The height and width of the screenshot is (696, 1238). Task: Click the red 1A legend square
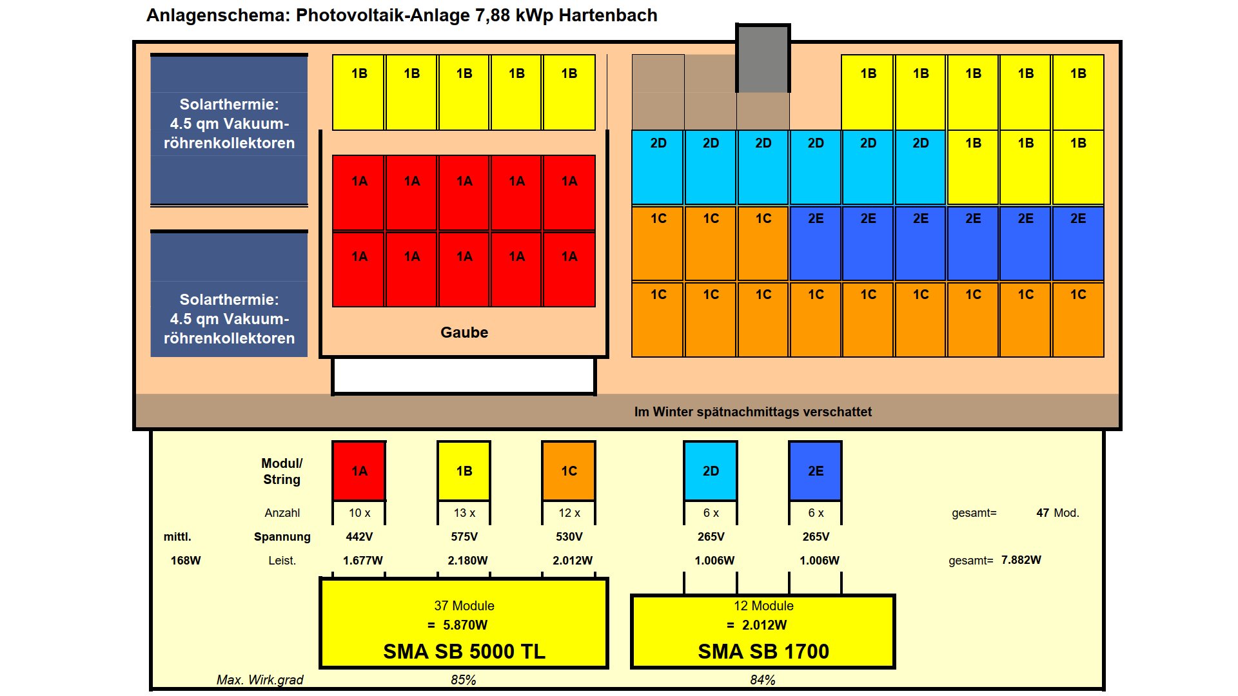(359, 470)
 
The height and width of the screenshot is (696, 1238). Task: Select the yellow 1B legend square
(464, 470)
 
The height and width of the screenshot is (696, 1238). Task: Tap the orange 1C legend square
(568, 470)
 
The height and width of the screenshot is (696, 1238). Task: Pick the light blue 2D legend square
(711, 470)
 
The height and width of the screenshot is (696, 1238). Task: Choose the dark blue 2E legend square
(815, 470)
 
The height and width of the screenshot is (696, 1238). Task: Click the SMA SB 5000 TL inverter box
(464, 624)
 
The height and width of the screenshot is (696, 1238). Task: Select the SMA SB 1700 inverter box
(763, 632)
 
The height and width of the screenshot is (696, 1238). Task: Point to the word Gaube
(464, 333)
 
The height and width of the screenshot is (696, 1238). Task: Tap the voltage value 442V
(359, 537)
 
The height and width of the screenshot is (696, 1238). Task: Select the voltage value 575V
(464, 537)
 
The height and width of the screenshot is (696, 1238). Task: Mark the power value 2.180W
(467, 561)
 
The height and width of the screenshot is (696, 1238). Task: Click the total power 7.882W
(1021, 560)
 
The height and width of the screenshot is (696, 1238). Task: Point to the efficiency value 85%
(463, 680)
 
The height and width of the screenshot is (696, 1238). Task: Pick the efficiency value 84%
(762, 680)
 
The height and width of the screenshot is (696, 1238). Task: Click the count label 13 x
(464, 513)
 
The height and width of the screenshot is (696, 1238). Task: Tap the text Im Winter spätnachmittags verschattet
(752, 412)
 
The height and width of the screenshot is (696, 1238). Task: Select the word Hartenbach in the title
(607, 15)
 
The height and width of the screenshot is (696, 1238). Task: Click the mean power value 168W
(186, 561)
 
